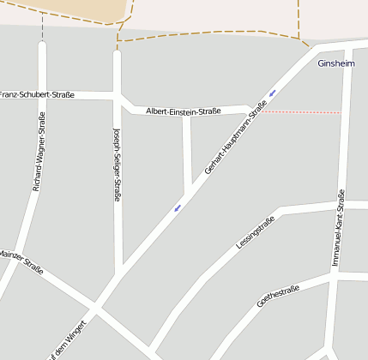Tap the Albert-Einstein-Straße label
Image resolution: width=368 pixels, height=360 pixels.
[184, 111]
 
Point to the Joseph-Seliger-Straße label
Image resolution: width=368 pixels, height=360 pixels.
[117, 165]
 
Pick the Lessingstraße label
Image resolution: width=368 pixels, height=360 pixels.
[255, 233]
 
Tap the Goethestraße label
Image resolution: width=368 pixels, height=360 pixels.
[278, 296]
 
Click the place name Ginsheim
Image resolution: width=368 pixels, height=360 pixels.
[335, 64]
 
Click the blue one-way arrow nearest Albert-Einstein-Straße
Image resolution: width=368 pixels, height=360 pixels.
[273, 93]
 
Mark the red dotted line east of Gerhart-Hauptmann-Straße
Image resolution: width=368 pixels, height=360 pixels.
[301, 112]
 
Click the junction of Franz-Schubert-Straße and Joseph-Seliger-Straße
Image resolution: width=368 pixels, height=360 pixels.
[118, 93]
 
